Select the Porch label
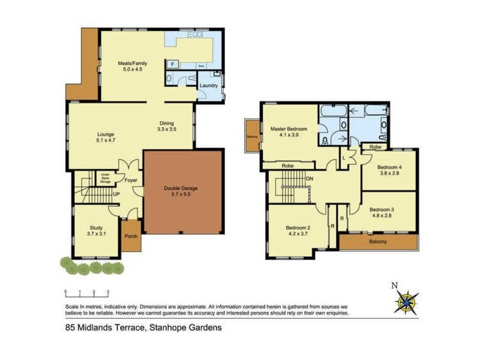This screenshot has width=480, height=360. (130, 236)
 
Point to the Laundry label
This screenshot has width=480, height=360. (208, 86)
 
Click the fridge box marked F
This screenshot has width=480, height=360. (173, 63)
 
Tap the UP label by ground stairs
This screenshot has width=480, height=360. (116, 194)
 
